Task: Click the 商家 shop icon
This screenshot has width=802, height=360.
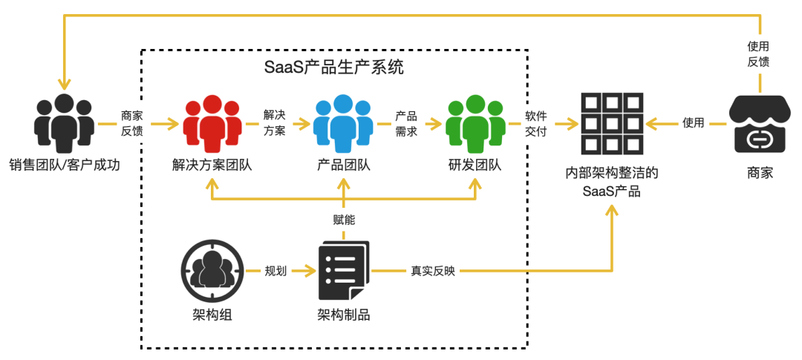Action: point(760,123)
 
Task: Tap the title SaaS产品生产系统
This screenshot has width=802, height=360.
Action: point(334,67)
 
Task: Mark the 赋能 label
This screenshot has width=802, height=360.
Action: point(344,220)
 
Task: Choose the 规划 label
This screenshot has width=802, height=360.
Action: point(276,272)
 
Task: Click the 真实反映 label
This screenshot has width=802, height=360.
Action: point(433,272)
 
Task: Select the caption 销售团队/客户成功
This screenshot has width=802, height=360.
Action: point(65,164)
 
